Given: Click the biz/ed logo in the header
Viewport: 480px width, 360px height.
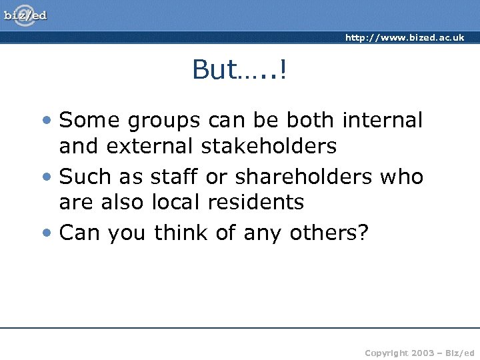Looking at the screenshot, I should point(25,15).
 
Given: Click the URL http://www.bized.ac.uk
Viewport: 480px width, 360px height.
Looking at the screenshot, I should point(404,38).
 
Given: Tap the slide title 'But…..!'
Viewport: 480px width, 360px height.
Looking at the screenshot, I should point(239,69).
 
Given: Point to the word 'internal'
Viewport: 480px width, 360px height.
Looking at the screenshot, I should point(382,121).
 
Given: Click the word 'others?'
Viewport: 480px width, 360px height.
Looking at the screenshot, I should point(329,233).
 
